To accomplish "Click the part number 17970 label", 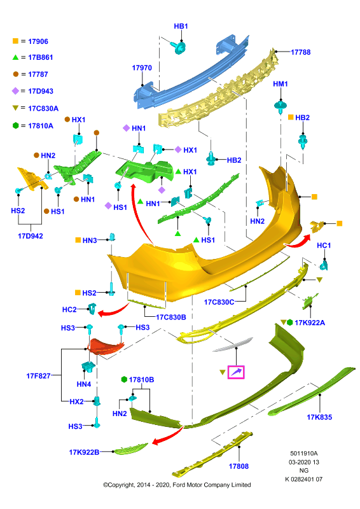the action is coord(142,68).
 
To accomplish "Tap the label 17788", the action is coord(301,52).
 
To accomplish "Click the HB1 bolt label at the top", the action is coord(181,26).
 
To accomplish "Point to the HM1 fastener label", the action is coord(280,84).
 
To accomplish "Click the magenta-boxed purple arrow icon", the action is coord(236,372).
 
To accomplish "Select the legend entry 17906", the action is coord(38,41).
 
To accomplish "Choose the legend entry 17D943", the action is coord(41,91).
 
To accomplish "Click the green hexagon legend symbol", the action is coord(15,125).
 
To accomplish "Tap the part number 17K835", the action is coord(319,417).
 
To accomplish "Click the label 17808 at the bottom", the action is coord(239,466).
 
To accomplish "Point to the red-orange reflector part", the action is coord(106,346).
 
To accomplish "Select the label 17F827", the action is coord(38,376).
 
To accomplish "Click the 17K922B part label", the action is coord(84,452).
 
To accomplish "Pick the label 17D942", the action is coord(30,236).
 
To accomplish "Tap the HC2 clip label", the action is coord(69,310).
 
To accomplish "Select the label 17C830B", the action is coord(171,317).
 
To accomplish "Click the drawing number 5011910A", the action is coord(304,454).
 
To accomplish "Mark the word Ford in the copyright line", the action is coord(179,485).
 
